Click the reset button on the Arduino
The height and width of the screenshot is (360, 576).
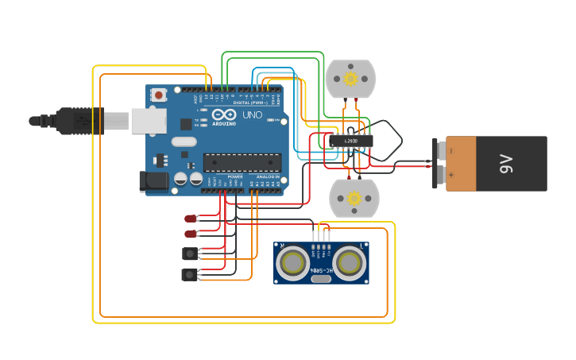[x=159, y=95]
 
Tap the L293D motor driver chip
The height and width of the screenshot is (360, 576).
[x=350, y=141]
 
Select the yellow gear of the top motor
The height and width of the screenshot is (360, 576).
[x=350, y=79]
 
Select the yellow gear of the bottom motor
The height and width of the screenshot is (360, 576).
[x=354, y=198]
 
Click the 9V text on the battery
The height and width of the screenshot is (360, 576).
[x=506, y=164]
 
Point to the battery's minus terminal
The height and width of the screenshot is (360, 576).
[x=441, y=150]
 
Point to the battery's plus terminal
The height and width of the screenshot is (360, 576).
[x=441, y=173]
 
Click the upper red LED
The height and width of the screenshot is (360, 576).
[x=191, y=219]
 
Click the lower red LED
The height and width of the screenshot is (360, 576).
[x=191, y=234]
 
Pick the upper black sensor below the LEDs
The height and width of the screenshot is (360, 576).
[x=190, y=254]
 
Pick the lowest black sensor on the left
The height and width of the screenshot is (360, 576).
[x=190, y=274]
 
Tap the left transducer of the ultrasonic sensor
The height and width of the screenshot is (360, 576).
[x=292, y=263]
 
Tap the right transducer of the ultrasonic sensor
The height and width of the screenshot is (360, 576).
[x=350, y=263]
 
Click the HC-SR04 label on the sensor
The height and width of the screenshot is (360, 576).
[x=321, y=271]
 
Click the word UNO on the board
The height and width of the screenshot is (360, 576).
[x=252, y=115]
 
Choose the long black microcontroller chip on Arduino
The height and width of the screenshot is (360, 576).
[x=242, y=163]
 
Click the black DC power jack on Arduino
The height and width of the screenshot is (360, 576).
[x=154, y=181]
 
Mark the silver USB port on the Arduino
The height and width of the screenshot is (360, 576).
[x=148, y=121]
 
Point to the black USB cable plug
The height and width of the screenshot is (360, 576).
[x=79, y=121]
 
